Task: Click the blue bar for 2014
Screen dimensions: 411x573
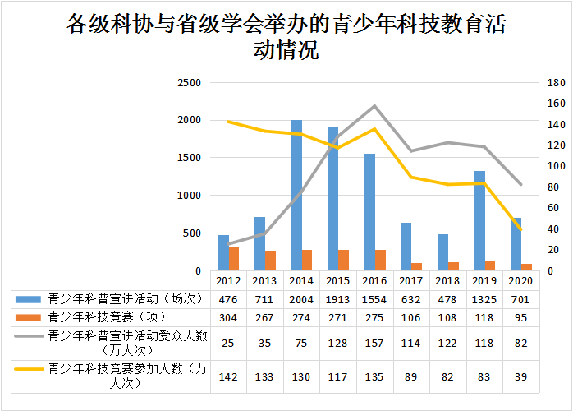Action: tap(296, 196)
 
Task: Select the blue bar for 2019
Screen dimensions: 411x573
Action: tap(479, 221)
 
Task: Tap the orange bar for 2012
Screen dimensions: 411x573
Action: tap(234, 259)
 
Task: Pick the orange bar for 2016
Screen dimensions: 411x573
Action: tap(380, 260)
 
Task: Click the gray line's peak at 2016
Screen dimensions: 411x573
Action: tap(375, 106)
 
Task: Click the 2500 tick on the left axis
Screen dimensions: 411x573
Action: tap(190, 83)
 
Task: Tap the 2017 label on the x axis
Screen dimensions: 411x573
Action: tap(411, 280)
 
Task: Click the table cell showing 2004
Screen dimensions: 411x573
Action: tap(301, 298)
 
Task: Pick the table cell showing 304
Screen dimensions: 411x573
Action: tap(228, 316)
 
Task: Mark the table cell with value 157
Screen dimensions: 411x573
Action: tap(374, 343)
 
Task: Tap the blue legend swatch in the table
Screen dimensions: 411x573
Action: tap(29, 298)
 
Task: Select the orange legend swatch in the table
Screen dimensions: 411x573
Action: tap(29, 316)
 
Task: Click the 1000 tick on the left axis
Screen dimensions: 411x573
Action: tap(190, 196)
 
